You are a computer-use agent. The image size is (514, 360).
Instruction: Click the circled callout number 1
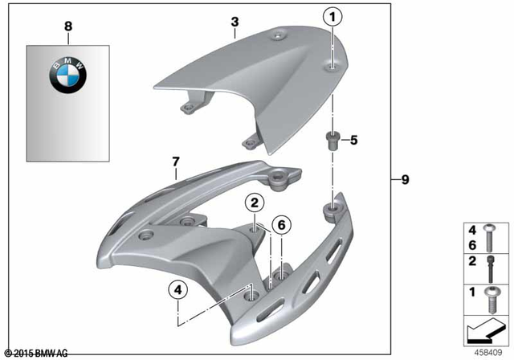point(332,15)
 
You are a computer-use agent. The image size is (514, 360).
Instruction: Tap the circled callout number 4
point(177,288)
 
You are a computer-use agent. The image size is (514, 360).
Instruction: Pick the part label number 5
point(354,140)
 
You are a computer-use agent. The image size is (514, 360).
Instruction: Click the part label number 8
point(68,27)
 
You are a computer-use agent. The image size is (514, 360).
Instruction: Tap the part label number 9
point(405,180)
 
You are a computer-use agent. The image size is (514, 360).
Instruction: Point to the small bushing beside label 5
point(330,142)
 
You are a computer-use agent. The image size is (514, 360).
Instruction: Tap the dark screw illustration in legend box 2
point(490,265)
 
